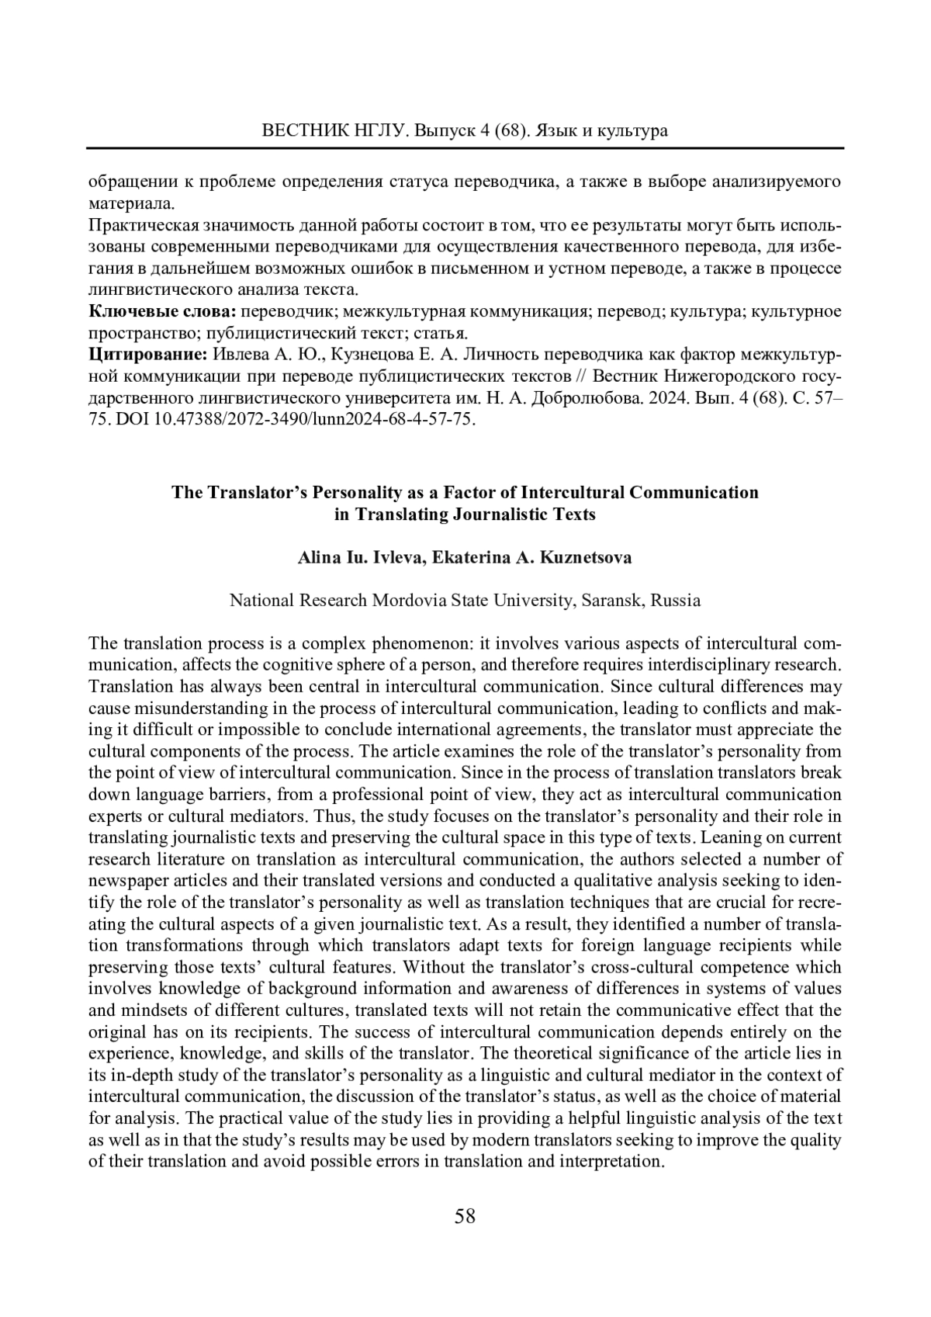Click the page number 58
(465, 1215)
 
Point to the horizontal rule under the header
(465, 147)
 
